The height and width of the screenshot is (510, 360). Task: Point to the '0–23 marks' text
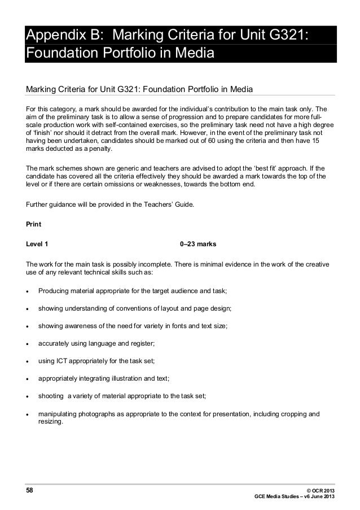tap(194, 244)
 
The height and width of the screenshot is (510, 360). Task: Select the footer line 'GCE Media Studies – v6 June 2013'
tap(296, 497)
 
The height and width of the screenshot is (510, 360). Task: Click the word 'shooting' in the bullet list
tap(51, 396)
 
